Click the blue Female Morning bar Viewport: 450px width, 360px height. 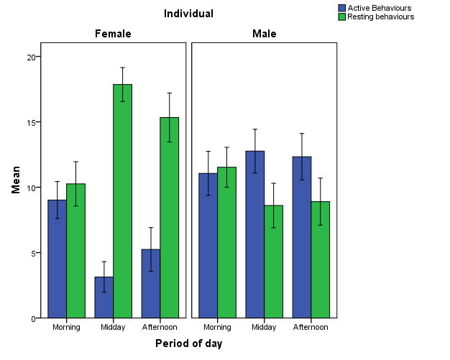(58, 259)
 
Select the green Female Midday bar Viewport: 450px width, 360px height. (123, 201)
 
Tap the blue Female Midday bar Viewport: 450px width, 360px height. (104, 297)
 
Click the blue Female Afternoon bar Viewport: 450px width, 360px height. (151, 284)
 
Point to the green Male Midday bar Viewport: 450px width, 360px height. (274, 262)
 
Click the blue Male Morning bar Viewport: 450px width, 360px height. (208, 245)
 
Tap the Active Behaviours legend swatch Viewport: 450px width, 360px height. (342, 8)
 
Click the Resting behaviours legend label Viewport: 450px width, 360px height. (380, 17)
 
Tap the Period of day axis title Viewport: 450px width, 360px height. (189, 343)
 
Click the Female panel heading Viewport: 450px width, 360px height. (114, 34)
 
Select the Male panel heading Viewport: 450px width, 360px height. (264, 34)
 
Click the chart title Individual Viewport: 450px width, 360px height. (188, 14)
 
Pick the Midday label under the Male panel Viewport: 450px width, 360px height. (264, 327)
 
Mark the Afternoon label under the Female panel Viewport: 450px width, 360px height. (160, 327)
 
